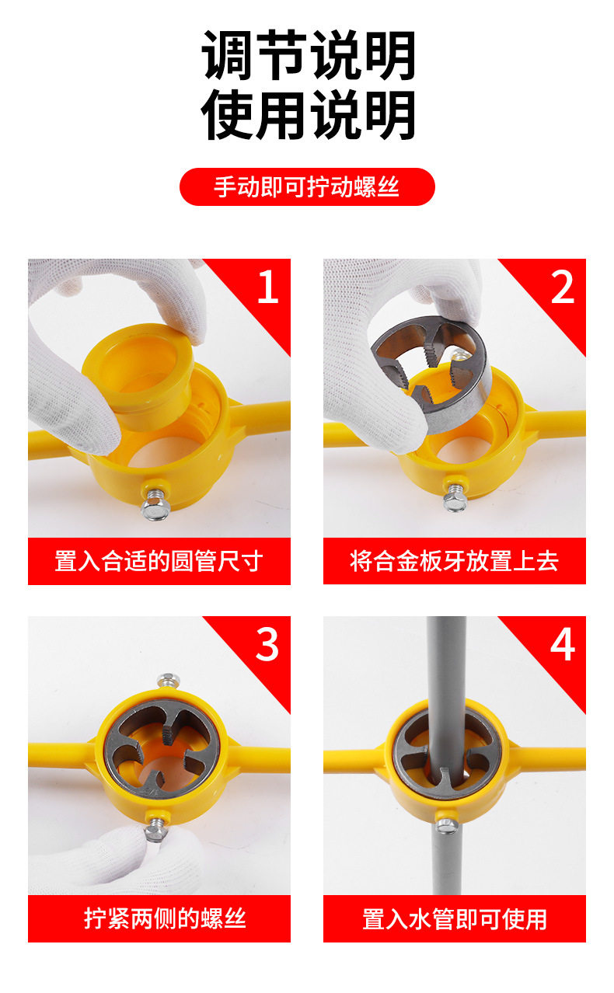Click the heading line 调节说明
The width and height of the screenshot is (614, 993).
(308, 55)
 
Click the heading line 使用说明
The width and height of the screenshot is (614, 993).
(308, 114)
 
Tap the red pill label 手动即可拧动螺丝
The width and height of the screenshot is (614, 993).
(307, 186)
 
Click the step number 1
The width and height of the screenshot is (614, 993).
(268, 287)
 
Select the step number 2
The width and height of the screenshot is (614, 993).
(562, 287)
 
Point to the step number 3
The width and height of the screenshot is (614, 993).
(267, 644)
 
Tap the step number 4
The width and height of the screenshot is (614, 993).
(563, 644)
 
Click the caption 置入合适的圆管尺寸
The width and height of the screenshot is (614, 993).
(159, 561)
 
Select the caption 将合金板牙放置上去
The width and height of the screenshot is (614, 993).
(454, 561)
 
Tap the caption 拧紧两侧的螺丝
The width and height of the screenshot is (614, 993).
(165, 918)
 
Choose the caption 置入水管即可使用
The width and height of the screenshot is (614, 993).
(455, 919)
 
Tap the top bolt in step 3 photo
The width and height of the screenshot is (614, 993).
(168, 680)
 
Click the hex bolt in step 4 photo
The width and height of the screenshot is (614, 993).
(447, 825)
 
